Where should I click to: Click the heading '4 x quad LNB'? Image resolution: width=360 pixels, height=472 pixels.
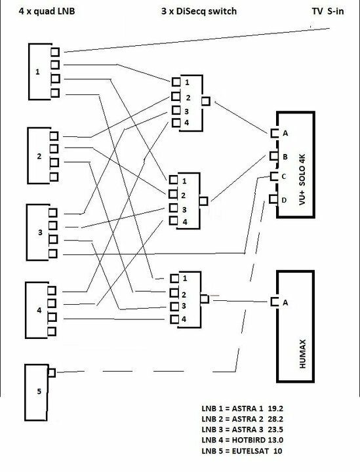tap(47, 11)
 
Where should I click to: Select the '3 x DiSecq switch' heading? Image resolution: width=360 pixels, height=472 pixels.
tap(199, 11)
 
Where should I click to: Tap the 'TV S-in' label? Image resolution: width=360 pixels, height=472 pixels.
tap(328, 11)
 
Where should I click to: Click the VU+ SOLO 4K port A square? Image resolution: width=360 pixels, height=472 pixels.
tap(275, 133)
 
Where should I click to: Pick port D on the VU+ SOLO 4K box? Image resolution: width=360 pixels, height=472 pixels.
tap(273, 199)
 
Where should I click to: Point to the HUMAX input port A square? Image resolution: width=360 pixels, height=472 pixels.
tap(275, 302)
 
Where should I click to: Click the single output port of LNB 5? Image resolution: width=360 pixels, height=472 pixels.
tap(52, 372)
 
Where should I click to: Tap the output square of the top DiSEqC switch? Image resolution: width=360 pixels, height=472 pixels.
tap(206, 101)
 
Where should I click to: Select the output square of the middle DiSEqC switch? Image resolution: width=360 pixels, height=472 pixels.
tap(203, 201)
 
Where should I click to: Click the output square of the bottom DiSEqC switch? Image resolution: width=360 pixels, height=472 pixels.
tap(205, 299)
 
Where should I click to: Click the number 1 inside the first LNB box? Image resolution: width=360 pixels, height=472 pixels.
tap(37, 71)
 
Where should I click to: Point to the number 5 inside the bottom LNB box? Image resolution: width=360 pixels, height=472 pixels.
tap(39, 391)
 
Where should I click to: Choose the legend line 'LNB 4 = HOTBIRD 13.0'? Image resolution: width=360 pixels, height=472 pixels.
tap(243, 440)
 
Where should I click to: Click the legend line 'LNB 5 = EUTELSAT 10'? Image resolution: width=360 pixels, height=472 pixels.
tap(242, 450)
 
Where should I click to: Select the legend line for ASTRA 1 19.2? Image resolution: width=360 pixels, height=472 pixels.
tap(243, 408)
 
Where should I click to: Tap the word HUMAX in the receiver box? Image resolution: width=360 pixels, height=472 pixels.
tap(302, 354)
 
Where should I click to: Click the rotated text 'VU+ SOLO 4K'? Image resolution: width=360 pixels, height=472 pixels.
tap(302, 180)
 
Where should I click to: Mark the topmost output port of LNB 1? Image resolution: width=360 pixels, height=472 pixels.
tap(55, 52)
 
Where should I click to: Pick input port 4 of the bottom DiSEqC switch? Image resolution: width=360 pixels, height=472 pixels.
tap(174, 319)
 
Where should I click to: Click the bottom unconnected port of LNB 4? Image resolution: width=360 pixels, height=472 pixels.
tap(51, 332)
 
